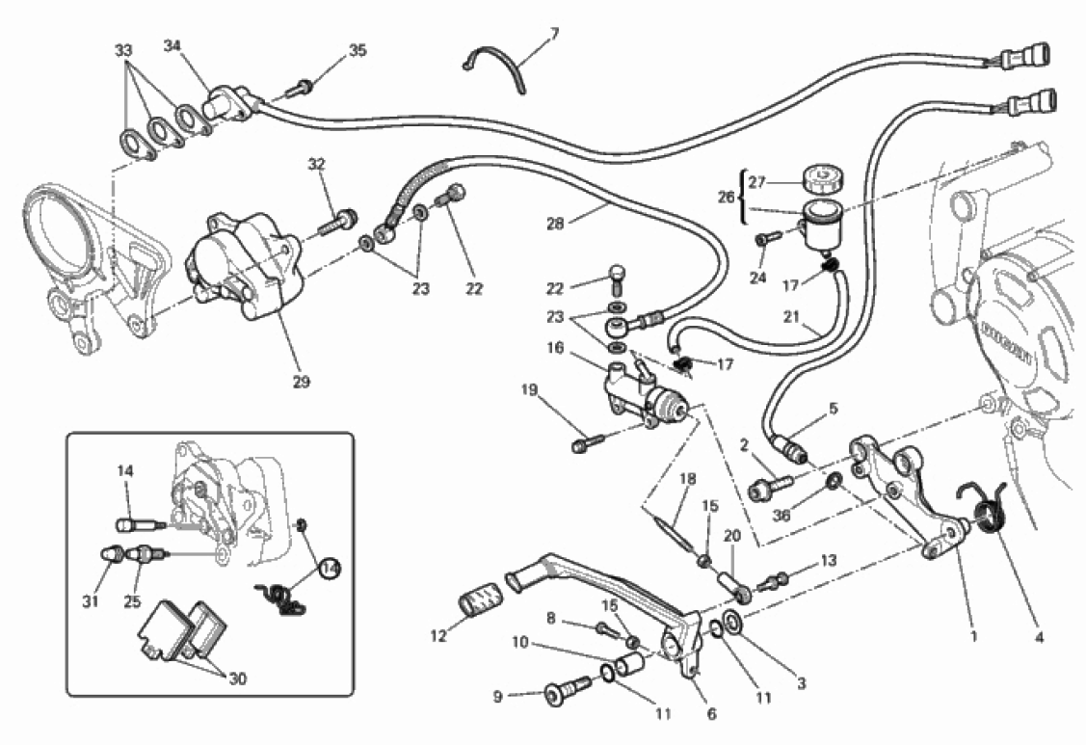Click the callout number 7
pyautogui.click(x=554, y=33)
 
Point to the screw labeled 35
pyautogui.click(x=300, y=89)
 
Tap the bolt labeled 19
pyautogui.click(x=587, y=444)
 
